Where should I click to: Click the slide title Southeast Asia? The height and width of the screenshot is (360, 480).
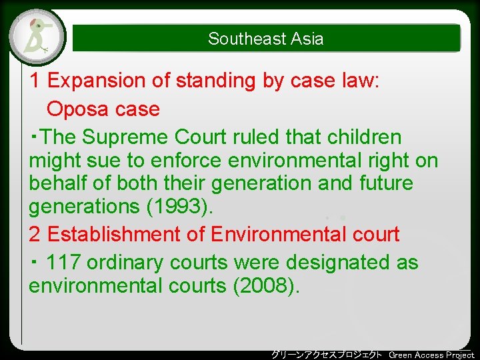tap(265, 39)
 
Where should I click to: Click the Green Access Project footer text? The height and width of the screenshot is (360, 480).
tap(431, 355)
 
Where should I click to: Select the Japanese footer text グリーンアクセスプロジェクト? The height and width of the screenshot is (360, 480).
tap(327, 355)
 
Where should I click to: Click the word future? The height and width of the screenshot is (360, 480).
tap(388, 183)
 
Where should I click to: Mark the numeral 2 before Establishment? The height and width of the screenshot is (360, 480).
tap(35, 235)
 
